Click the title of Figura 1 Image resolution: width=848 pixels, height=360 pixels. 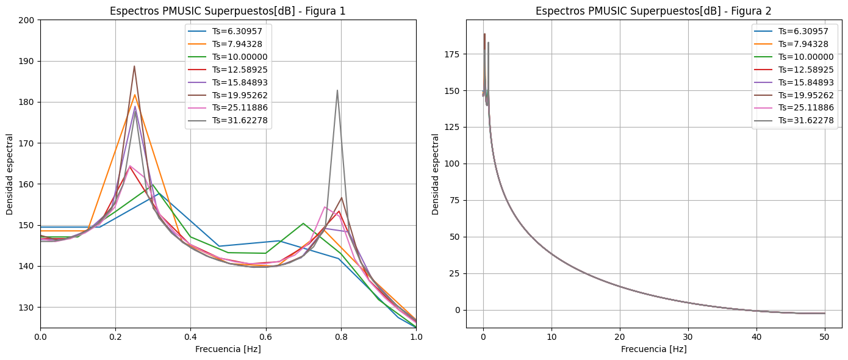click(x=228, y=11)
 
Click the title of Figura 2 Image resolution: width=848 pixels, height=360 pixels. click(x=653, y=11)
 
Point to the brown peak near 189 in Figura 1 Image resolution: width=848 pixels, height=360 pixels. click(x=134, y=67)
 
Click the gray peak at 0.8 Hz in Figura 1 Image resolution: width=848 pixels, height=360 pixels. click(x=337, y=91)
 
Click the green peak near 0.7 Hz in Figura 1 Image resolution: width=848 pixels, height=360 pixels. click(x=303, y=223)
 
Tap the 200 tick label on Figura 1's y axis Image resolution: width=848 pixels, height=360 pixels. click(x=27, y=20)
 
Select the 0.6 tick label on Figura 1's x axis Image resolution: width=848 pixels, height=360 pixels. click(x=265, y=336)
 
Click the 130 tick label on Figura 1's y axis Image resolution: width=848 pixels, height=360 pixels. click(x=27, y=308)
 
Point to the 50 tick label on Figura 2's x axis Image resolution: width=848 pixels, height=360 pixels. click(x=824, y=336)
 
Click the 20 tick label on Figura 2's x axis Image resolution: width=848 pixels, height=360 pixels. click(x=620, y=336)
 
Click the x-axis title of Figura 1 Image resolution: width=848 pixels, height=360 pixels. click(x=228, y=349)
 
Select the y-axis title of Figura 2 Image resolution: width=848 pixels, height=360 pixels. click(x=436, y=174)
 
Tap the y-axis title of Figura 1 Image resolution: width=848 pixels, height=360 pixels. click(x=10, y=174)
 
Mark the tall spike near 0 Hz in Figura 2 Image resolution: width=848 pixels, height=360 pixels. click(x=484, y=35)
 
